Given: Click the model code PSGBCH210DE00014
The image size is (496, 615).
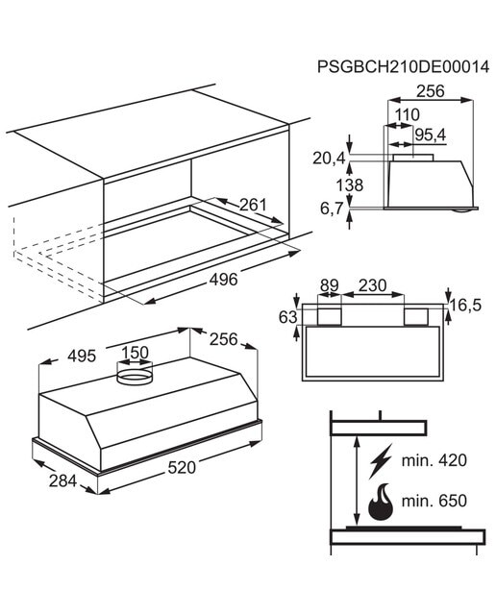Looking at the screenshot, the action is point(403,66).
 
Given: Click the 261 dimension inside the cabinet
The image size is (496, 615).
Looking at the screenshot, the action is point(253,205).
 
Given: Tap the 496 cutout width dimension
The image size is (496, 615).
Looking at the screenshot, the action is point(223,280).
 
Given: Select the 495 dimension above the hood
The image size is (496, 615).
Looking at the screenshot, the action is point(82,357).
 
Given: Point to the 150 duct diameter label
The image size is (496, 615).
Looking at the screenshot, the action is point(135,353).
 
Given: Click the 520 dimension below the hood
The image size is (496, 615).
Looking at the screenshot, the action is point(182,468).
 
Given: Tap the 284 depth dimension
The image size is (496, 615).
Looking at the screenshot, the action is point(62,480).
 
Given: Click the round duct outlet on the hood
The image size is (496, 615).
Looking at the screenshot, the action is point(135,376).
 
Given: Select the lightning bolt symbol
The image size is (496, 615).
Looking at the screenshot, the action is point(381,461).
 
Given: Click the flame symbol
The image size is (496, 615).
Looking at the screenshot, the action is point(381,502).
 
